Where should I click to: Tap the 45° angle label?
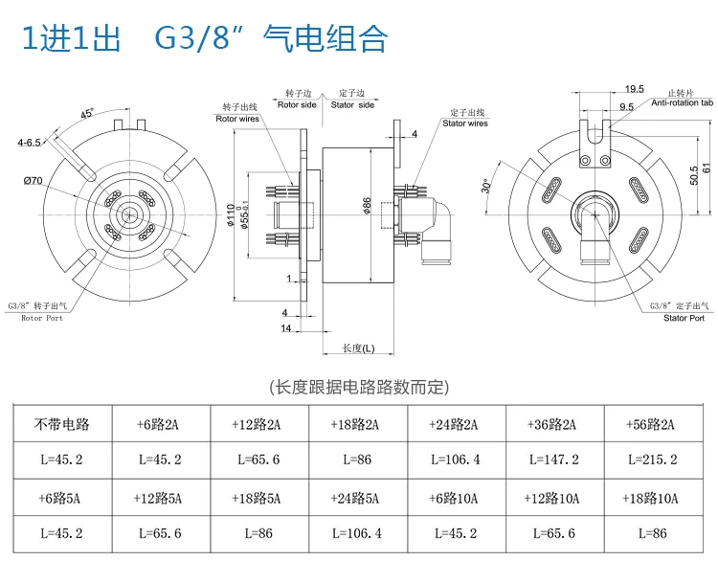87,113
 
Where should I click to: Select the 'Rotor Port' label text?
42,317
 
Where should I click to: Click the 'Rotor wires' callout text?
236,118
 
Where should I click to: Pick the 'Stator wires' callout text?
465,123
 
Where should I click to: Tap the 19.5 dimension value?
634,87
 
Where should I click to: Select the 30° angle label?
487,186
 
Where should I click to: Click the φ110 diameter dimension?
230,216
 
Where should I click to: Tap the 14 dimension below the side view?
285,328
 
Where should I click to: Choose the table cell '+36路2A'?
554,424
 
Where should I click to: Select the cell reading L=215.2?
652,460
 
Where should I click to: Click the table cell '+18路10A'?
652,498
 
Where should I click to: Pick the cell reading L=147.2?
554,460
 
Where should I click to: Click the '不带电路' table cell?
61,424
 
